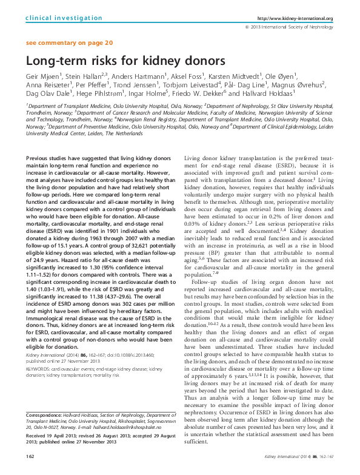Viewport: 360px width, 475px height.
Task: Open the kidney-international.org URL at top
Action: coord(300,19)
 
